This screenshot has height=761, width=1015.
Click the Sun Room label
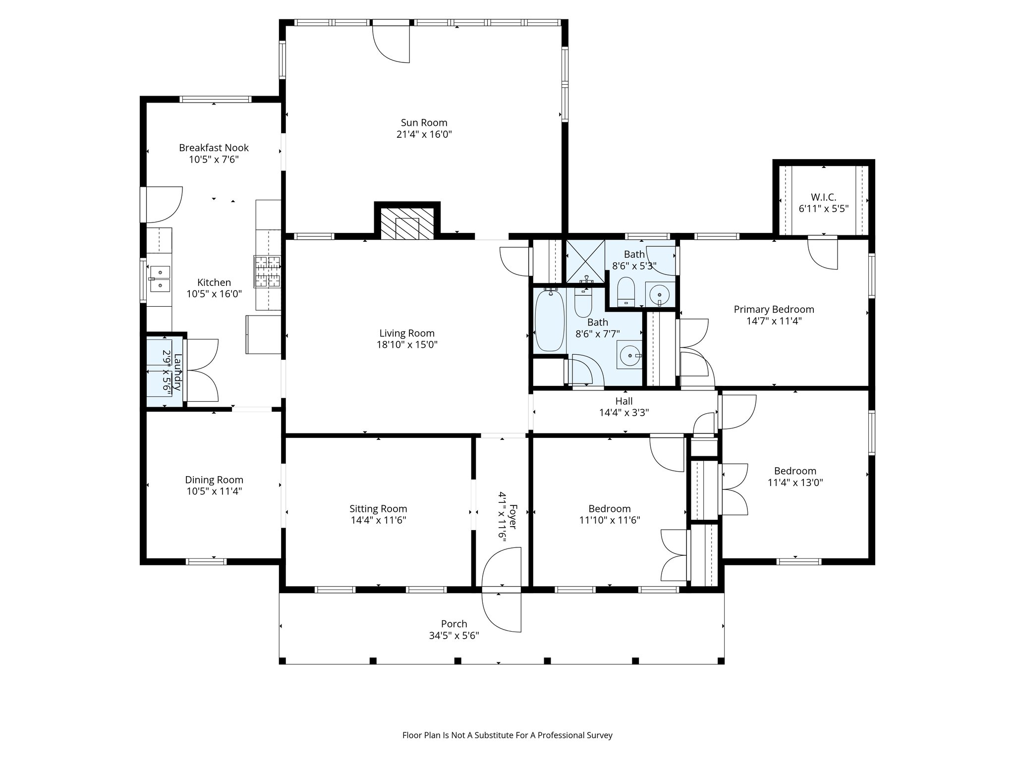coord(424,123)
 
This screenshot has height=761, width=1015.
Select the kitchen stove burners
coord(267,272)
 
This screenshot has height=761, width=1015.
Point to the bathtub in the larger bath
coord(549,321)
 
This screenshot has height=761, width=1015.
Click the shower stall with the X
coord(585,263)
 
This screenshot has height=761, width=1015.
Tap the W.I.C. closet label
coord(824,197)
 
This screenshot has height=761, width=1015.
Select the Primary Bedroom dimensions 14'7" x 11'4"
coord(774,321)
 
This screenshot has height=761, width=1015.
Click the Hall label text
coord(624,401)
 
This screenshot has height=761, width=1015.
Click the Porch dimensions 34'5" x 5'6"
coord(454,636)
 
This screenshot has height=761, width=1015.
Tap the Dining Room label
coord(214,480)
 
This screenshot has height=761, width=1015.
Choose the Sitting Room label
coord(378,509)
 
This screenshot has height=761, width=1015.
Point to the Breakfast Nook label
coord(214,148)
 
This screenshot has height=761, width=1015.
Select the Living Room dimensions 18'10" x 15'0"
coord(407,345)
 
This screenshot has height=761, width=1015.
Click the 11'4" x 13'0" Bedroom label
coord(795,471)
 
